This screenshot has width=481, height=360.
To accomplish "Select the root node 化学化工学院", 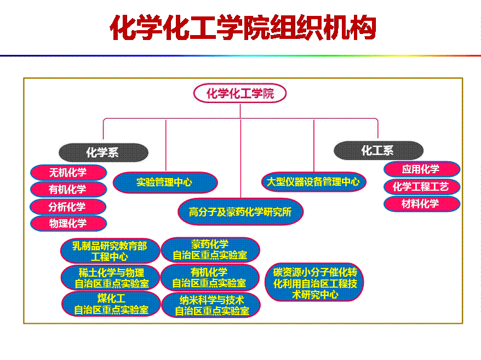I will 240,94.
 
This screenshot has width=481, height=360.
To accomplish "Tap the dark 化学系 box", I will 104,152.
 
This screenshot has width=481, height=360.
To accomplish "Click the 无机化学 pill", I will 68,173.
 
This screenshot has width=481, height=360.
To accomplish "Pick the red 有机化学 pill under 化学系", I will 68,190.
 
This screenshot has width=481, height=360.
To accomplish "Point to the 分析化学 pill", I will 68,207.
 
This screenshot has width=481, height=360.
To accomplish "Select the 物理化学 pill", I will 68,223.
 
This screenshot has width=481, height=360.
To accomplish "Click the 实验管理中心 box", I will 165,182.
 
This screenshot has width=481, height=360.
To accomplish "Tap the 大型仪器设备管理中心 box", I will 313,181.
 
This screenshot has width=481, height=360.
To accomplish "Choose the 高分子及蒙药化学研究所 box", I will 240,212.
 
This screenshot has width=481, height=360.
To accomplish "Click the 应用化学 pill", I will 421,169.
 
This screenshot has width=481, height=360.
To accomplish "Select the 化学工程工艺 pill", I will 421,187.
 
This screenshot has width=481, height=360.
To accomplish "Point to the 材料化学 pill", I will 421,204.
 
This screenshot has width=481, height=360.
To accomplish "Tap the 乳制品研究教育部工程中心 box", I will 110,250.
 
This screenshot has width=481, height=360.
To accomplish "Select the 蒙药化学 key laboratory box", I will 210,250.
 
